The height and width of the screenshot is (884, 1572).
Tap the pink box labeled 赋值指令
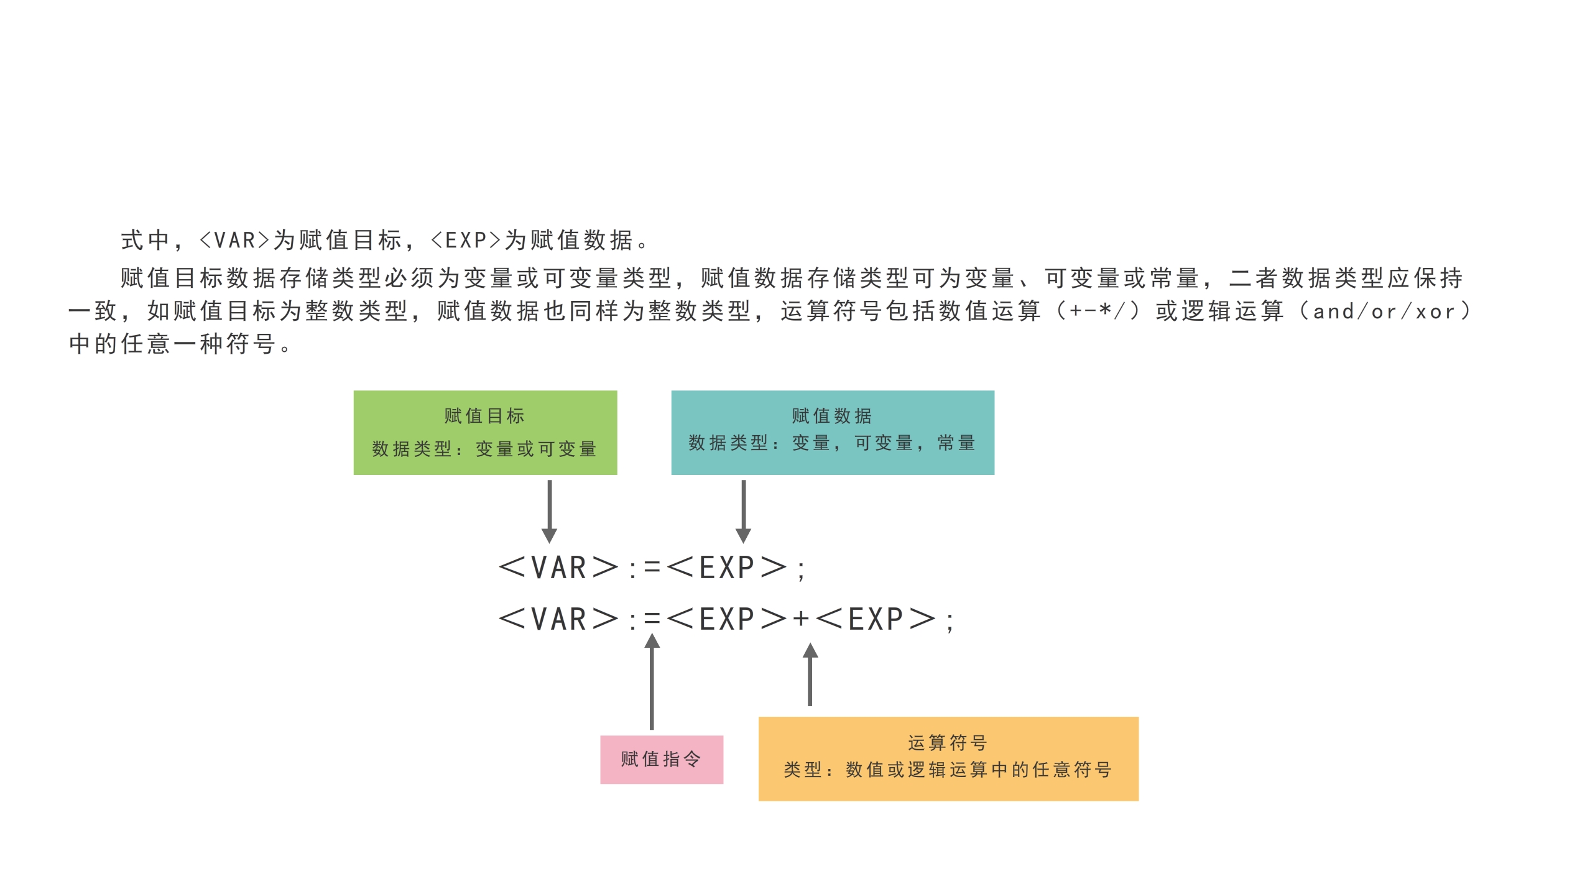pos(661,759)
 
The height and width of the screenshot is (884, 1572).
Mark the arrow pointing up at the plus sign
pos(810,675)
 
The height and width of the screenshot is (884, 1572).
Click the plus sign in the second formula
pos(801,619)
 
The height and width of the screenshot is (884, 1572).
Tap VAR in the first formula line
pos(558,568)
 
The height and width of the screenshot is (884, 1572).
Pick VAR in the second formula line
pos(558,619)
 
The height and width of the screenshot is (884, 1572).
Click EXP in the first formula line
pos(726,568)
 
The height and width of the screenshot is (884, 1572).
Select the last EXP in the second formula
pos(876,619)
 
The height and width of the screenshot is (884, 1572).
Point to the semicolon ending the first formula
pos(801,569)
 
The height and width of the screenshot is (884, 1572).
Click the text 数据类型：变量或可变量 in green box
pos(485,449)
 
